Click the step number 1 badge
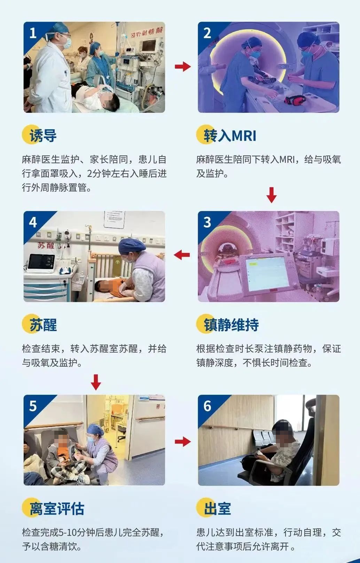[33, 33]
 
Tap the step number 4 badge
[33, 222]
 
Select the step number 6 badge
[207, 406]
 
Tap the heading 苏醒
[43, 325]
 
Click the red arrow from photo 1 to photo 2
[183, 67]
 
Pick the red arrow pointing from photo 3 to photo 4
[182, 255]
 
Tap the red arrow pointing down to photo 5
[96, 382]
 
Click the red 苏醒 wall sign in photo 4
[46, 246]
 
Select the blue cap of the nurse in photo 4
[131, 245]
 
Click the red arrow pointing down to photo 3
[271, 195]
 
